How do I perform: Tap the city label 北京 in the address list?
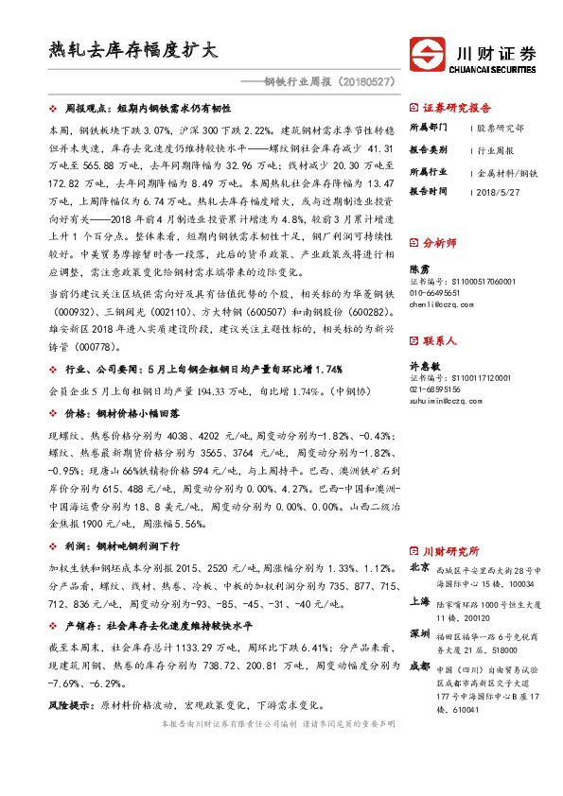pyautogui.click(x=419, y=569)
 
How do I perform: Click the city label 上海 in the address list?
pyautogui.click(x=419, y=601)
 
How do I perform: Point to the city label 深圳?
pyautogui.click(x=419, y=633)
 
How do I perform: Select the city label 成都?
pyautogui.click(x=419, y=666)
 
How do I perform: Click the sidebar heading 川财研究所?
pyautogui.click(x=450, y=550)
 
